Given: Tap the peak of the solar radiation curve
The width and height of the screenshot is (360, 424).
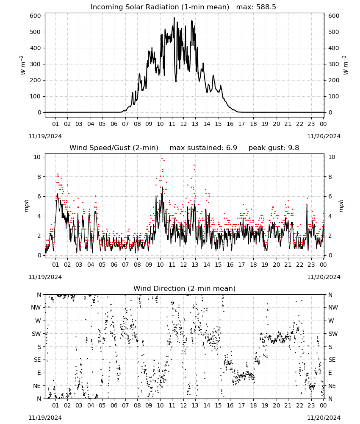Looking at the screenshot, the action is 174,17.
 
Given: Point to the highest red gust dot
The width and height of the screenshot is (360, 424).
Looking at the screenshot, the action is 162,159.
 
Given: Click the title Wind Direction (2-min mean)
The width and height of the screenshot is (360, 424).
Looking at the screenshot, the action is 185,289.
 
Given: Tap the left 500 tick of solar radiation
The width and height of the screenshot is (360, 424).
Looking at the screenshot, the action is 36,32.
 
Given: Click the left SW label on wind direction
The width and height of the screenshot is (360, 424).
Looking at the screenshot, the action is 36,334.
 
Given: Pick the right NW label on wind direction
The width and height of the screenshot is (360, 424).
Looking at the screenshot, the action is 333,308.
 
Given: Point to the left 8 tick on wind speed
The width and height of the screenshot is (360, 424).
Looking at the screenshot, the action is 39,177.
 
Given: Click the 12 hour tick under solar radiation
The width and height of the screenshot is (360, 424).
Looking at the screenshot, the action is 183,124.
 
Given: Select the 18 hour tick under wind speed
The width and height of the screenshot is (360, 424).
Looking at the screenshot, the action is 253,265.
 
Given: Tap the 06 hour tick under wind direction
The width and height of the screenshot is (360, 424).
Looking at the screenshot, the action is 114,406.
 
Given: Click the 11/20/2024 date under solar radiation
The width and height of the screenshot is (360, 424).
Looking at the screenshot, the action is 324,136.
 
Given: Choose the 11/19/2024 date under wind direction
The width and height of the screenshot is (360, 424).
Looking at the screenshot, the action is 45,418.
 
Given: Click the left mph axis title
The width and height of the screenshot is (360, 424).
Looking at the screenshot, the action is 26,206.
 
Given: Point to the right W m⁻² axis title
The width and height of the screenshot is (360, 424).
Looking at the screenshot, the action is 346,65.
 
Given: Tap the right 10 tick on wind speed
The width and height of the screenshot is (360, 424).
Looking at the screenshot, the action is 332,157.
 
